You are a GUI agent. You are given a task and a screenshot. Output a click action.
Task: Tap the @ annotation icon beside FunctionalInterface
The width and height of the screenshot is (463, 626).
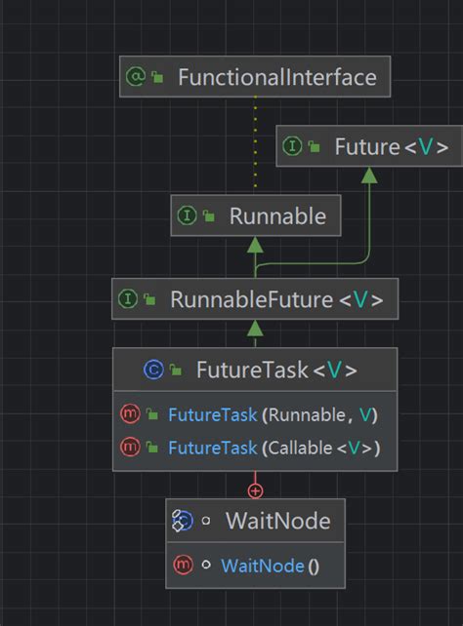(x=135, y=77)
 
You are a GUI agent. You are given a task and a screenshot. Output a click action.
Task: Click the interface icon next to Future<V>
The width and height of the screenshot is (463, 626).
(x=291, y=147)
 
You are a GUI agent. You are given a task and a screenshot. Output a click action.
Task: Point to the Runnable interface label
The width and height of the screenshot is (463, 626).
(x=277, y=216)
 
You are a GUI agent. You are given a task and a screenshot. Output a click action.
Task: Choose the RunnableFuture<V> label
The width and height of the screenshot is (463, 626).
(x=276, y=298)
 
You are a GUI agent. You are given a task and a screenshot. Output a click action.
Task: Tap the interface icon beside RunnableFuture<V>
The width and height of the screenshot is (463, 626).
(x=127, y=298)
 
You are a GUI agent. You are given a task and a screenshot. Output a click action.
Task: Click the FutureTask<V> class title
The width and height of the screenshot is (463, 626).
(x=276, y=370)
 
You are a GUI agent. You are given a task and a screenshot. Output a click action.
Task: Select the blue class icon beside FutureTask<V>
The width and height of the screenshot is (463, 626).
(x=152, y=370)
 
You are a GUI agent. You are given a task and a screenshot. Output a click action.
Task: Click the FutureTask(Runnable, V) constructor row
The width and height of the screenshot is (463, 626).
(x=272, y=415)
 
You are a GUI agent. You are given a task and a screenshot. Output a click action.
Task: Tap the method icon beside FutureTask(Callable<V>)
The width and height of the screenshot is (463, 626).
(x=130, y=449)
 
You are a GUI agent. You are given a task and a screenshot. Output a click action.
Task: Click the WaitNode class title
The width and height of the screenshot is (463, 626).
(x=277, y=522)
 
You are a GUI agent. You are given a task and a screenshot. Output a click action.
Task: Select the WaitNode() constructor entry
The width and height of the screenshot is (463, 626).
(x=270, y=566)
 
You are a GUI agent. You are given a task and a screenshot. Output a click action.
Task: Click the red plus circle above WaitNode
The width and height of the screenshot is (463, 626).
(x=255, y=490)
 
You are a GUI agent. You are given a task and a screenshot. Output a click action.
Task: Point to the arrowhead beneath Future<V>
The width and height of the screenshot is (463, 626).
(x=368, y=176)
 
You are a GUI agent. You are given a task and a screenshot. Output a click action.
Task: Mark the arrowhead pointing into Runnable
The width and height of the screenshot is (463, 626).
(x=255, y=244)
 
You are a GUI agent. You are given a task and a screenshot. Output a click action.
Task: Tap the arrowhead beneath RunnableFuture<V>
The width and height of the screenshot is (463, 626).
(x=255, y=327)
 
